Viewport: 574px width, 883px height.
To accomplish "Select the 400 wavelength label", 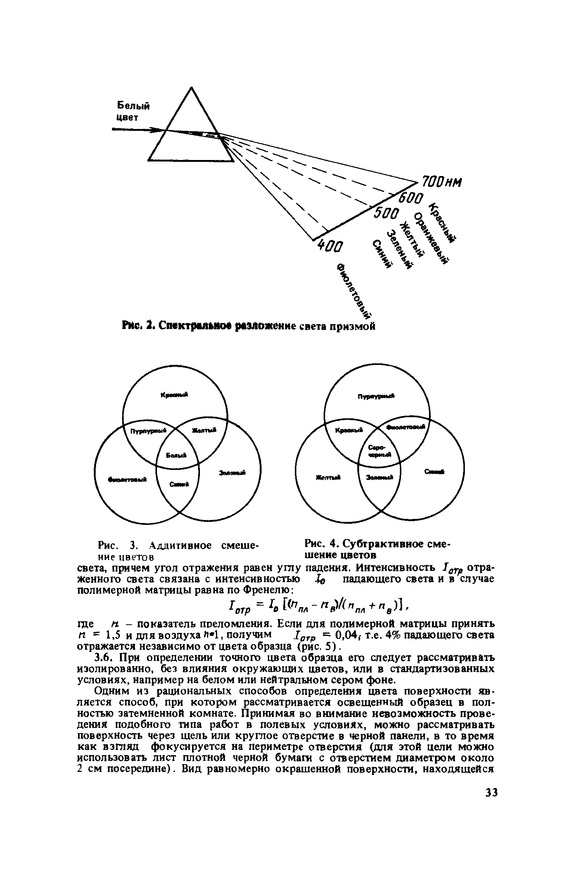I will (x=330, y=246).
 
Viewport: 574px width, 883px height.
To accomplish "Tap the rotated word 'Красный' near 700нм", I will (x=444, y=223).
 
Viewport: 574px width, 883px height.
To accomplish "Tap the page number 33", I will (x=491, y=803).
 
